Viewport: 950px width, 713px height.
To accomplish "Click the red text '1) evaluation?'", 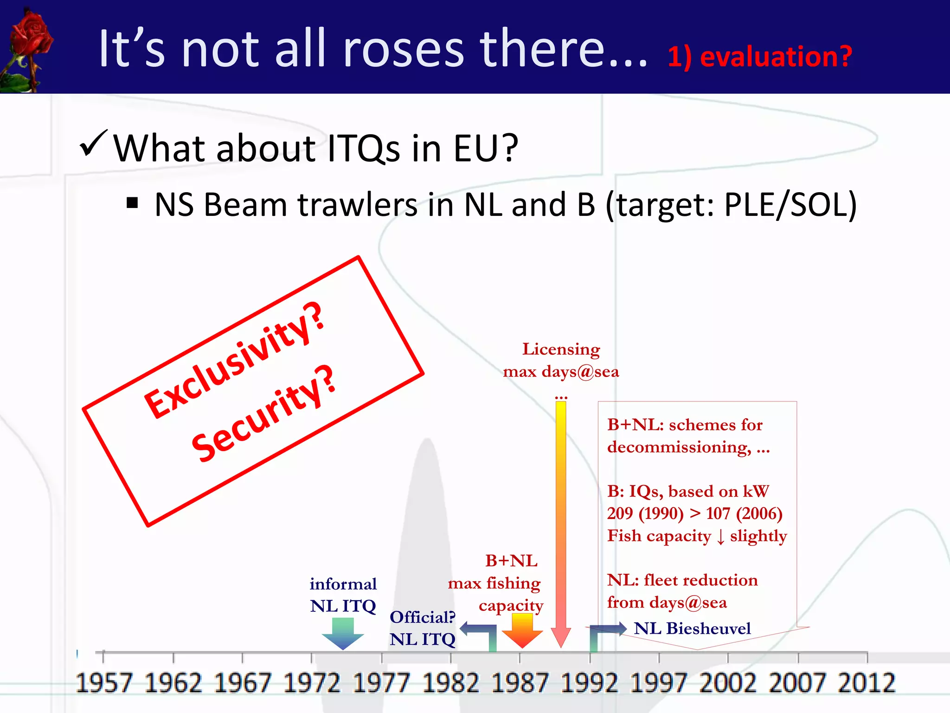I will [x=760, y=57].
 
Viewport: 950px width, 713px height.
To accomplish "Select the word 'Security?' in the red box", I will [x=263, y=415].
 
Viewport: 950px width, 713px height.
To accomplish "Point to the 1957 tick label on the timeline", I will [x=104, y=683].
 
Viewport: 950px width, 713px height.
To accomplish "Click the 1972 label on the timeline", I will [x=312, y=683].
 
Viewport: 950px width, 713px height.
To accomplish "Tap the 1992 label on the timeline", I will [x=589, y=683].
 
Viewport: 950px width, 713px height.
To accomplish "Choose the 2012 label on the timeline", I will [x=867, y=683].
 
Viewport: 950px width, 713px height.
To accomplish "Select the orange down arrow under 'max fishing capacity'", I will [x=522, y=630].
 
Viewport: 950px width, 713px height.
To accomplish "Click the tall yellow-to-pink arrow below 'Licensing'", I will [x=561, y=520].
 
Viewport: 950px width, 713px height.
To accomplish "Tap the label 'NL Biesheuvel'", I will [x=692, y=629].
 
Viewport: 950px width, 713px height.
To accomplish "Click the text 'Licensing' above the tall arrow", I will [x=561, y=349].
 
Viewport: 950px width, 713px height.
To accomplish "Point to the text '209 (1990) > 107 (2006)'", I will [x=695, y=513].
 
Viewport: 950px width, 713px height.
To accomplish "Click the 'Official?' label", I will [x=423, y=617].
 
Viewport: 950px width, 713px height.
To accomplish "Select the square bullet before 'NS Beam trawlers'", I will [x=133, y=203].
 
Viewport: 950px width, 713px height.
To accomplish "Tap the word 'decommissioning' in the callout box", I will [x=679, y=447].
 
